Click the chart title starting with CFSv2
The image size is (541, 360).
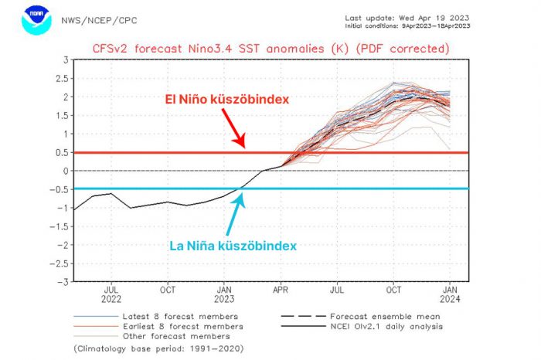coord(270,48)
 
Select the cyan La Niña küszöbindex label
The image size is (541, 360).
coord(233,245)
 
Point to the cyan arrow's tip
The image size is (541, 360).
coord(243,194)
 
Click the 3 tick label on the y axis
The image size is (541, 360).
coord(65,59)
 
